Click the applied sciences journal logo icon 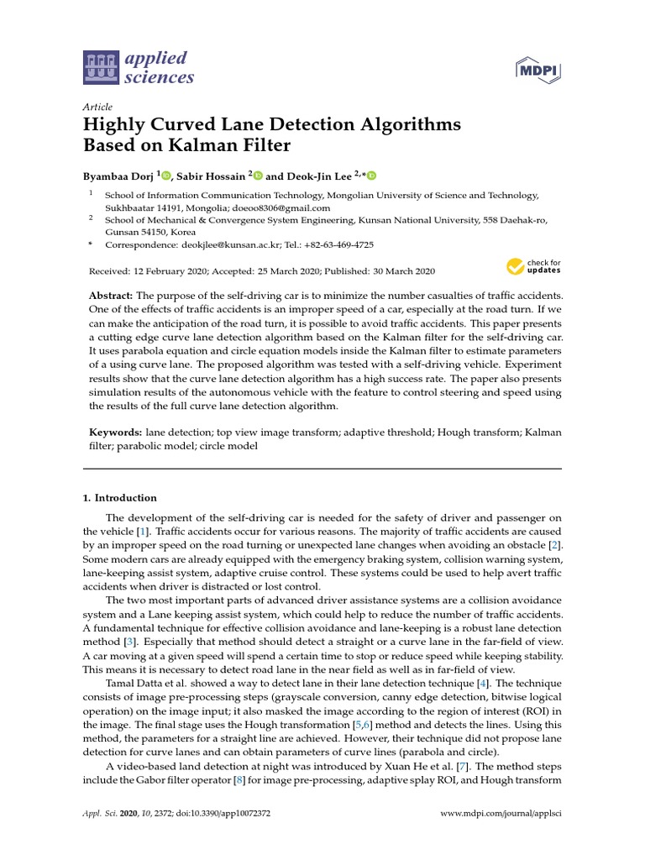pyautogui.click(x=100, y=68)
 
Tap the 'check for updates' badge pyautogui.click(x=534, y=268)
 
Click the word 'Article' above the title pyautogui.click(x=98, y=107)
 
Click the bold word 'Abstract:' pyautogui.click(x=112, y=297)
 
